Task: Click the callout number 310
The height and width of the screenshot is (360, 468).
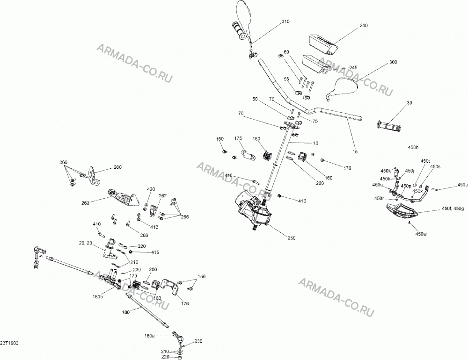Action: point(285,22)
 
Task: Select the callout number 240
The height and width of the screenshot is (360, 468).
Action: point(364,25)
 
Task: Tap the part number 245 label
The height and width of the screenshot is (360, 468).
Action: point(353,68)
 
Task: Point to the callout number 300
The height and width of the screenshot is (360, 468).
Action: point(393,62)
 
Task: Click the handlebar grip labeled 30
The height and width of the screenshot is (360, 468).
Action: point(389,126)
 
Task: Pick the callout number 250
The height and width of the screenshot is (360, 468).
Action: point(291,238)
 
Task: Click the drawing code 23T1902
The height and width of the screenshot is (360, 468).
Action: point(9,343)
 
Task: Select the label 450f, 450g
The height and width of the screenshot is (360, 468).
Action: point(453,209)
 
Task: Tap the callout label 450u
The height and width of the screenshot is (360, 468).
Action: point(463,185)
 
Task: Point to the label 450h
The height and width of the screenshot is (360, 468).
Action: point(413,147)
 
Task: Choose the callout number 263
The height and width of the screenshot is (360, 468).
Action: point(85,203)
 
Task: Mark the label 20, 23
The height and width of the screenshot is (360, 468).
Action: point(85,243)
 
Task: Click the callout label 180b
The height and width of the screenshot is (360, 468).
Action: point(98,297)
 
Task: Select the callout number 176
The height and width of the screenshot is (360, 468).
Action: point(185,303)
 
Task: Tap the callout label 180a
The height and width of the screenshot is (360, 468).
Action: point(149,336)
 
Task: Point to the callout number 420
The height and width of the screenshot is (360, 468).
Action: point(151,189)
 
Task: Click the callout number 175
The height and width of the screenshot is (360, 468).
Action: point(238,138)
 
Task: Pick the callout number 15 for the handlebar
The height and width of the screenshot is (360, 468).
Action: point(355,151)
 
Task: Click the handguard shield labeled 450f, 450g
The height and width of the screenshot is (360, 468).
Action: point(402,211)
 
